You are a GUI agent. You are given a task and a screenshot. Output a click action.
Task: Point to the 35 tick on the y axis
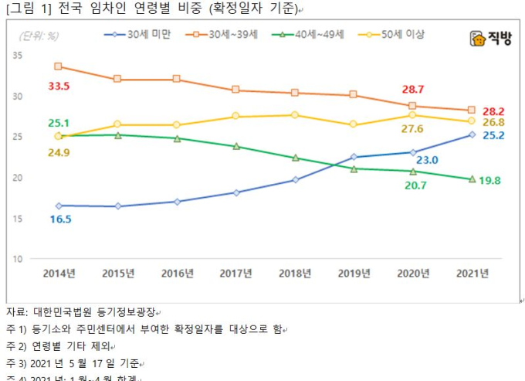tap(17, 56)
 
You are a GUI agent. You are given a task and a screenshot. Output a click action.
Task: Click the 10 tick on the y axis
tap(17, 259)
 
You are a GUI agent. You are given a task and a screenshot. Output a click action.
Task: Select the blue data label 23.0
tap(427, 160)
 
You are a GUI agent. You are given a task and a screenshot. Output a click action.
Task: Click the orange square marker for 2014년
tap(59, 66)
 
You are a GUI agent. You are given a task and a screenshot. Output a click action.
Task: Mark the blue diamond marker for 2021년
tap(472, 134)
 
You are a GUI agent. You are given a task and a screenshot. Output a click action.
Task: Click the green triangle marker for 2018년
tap(295, 158)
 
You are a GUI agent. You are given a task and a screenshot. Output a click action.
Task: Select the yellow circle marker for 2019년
tap(354, 124)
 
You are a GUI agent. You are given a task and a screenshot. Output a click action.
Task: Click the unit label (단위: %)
tap(36, 36)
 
